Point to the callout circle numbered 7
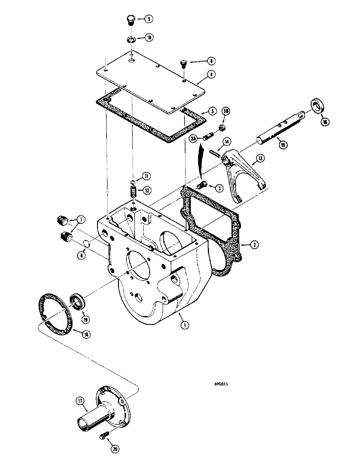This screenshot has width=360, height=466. pyautogui.click(x=82, y=220)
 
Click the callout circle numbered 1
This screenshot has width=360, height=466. pyautogui.click(x=186, y=326)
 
